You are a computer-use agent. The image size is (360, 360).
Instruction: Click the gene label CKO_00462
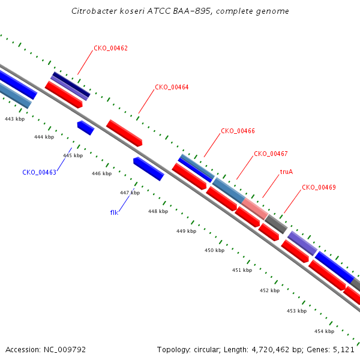point(110,48)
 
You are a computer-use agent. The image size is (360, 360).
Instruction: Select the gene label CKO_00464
point(172,87)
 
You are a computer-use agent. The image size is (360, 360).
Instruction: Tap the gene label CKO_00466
point(238,131)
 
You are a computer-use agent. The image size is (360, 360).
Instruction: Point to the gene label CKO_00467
point(271,154)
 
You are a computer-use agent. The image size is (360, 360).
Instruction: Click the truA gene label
point(287,172)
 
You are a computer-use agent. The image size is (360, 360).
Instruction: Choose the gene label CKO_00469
point(319,187)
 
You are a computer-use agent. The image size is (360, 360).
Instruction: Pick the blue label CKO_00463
point(39,172)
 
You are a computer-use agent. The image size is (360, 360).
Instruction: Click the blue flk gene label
point(114,212)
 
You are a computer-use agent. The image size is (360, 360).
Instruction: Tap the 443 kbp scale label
point(14,119)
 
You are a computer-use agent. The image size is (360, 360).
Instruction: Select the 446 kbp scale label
point(102,173)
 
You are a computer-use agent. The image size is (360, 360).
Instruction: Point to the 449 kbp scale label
point(186,231)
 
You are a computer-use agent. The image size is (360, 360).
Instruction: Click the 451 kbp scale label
point(242,270)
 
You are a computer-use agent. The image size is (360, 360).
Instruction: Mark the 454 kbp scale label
point(324,331)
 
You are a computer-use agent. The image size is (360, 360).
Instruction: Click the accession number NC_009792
point(65,350)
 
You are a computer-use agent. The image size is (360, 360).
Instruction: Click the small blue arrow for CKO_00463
point(86,128)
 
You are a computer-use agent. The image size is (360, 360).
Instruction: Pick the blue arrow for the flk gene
point(149,169)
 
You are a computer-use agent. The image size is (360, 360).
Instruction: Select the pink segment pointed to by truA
point(255,209)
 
